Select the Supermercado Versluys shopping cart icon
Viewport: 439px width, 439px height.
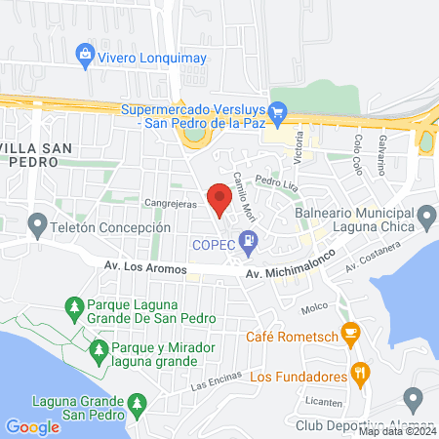pyautogui.click(x=278, y=110)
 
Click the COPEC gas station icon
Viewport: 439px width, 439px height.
pyautogui.click(x=252, y=238)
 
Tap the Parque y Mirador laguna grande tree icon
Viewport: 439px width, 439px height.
pyautogui.click(x=98, y=349)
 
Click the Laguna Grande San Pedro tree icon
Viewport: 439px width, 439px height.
pyautogui.click(x=138, y=402)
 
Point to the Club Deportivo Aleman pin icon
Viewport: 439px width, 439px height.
pyautogui.click(x=413, y=399)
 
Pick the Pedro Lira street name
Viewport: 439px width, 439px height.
pyautogui.click(x=274, y=180)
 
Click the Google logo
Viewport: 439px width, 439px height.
pyautogui.click(x=32, y=426)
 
